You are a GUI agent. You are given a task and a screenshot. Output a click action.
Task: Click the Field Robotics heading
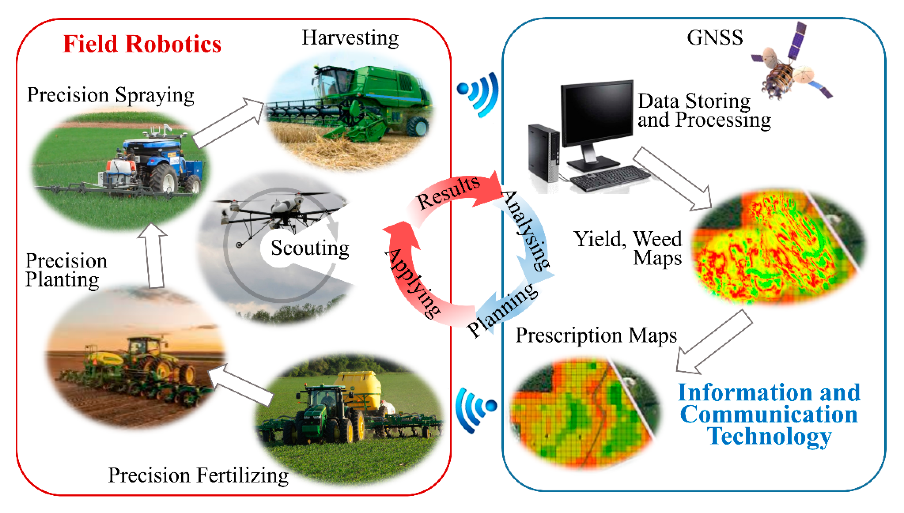coord(142,44)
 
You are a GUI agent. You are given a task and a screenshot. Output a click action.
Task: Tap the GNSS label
coord(715,38)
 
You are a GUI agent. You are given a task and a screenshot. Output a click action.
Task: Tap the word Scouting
coord(309,248)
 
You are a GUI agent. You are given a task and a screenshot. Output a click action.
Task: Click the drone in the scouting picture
coord(278,211)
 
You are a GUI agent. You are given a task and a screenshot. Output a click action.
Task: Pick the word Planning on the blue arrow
coord(502,310)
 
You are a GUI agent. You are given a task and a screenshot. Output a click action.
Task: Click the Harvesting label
coord(350,38)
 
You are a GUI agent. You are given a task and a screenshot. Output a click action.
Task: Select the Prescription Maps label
coord(596,335)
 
